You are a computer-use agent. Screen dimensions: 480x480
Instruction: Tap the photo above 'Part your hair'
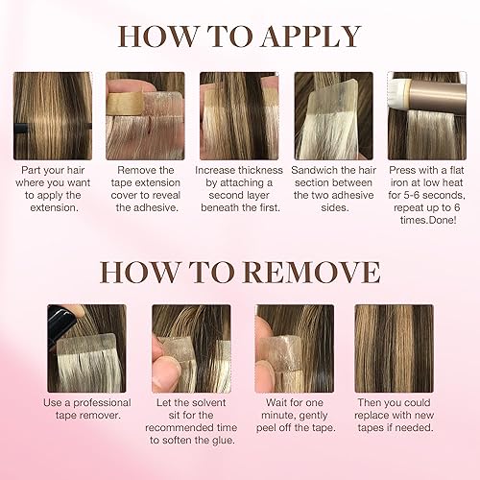coord(51,115)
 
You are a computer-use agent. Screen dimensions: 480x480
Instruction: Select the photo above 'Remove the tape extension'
coord(146,115)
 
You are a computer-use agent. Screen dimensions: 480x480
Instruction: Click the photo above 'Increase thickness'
coord(238,115)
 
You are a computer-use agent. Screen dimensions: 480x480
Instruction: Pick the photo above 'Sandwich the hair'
coord(332,115)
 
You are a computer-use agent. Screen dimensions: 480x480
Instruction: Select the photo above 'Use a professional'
coord(84,348)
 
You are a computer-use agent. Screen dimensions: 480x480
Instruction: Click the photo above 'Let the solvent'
coord(191,348)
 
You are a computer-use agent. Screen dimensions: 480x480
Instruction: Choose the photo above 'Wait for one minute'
coord(294,348)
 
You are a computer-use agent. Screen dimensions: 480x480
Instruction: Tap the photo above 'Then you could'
coord(394,348)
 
